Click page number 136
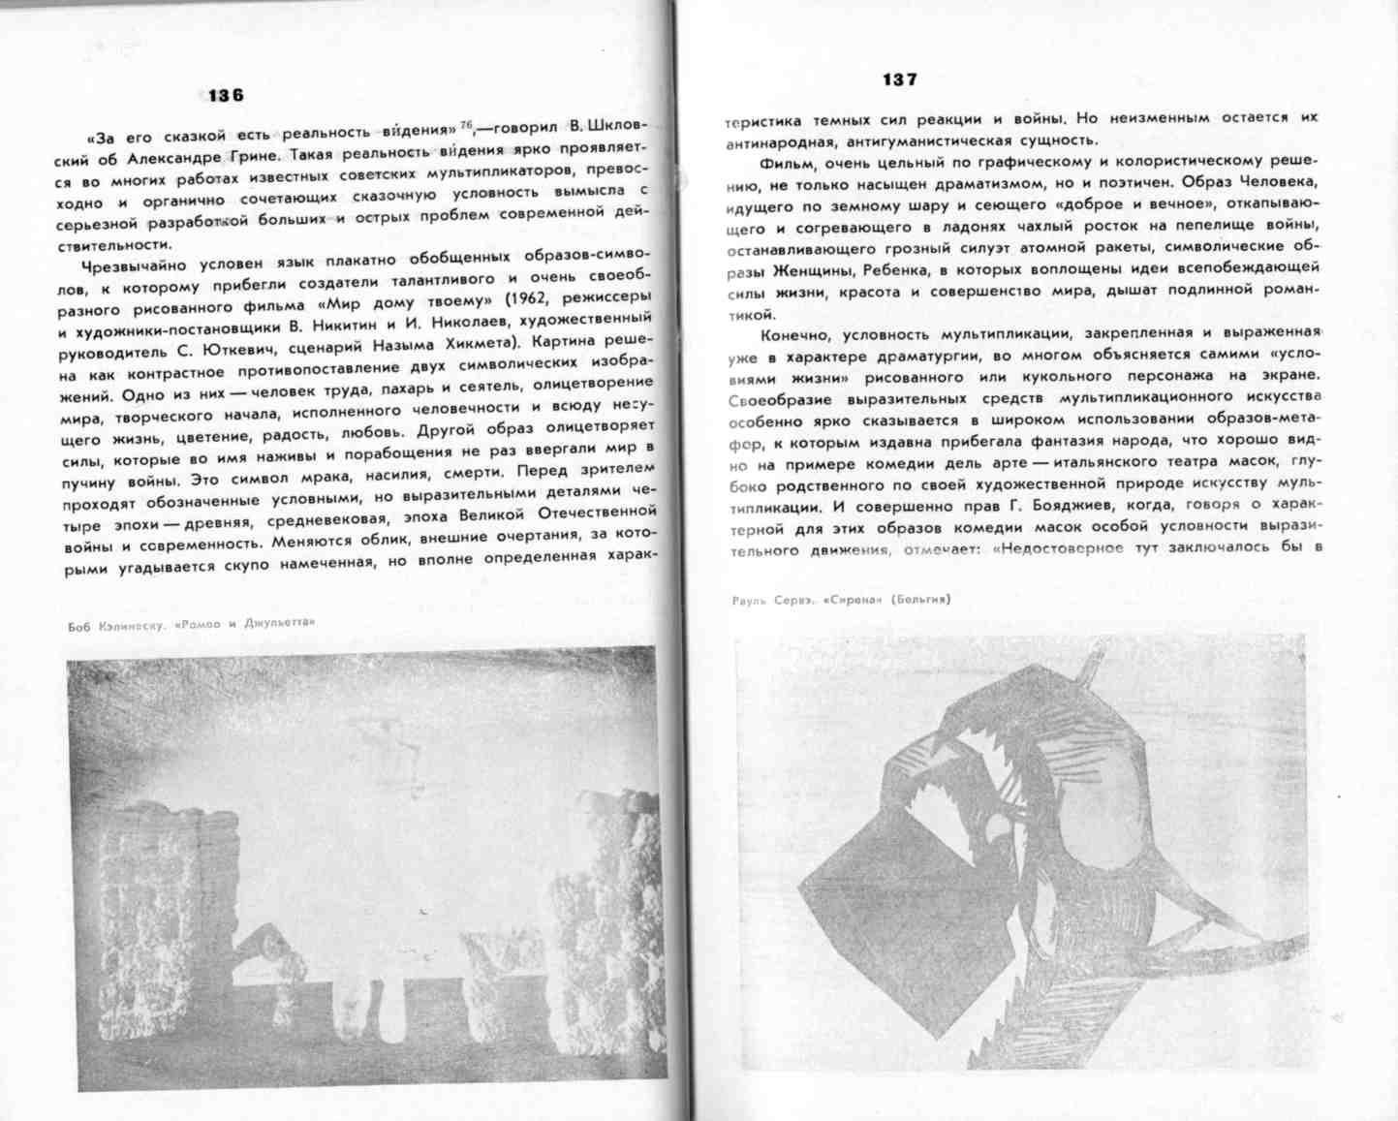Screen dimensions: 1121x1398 pyautogui.click(x=226, y=95)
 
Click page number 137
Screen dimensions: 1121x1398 pyautogui.click(x=899, y=79)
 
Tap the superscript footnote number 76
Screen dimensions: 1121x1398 pyautogui.click(x=467, y=124)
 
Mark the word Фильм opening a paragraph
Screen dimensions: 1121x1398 pyautogui.click(x=789, y=162)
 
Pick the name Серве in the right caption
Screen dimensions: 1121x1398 pyautogui.click(x=793, y=601)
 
